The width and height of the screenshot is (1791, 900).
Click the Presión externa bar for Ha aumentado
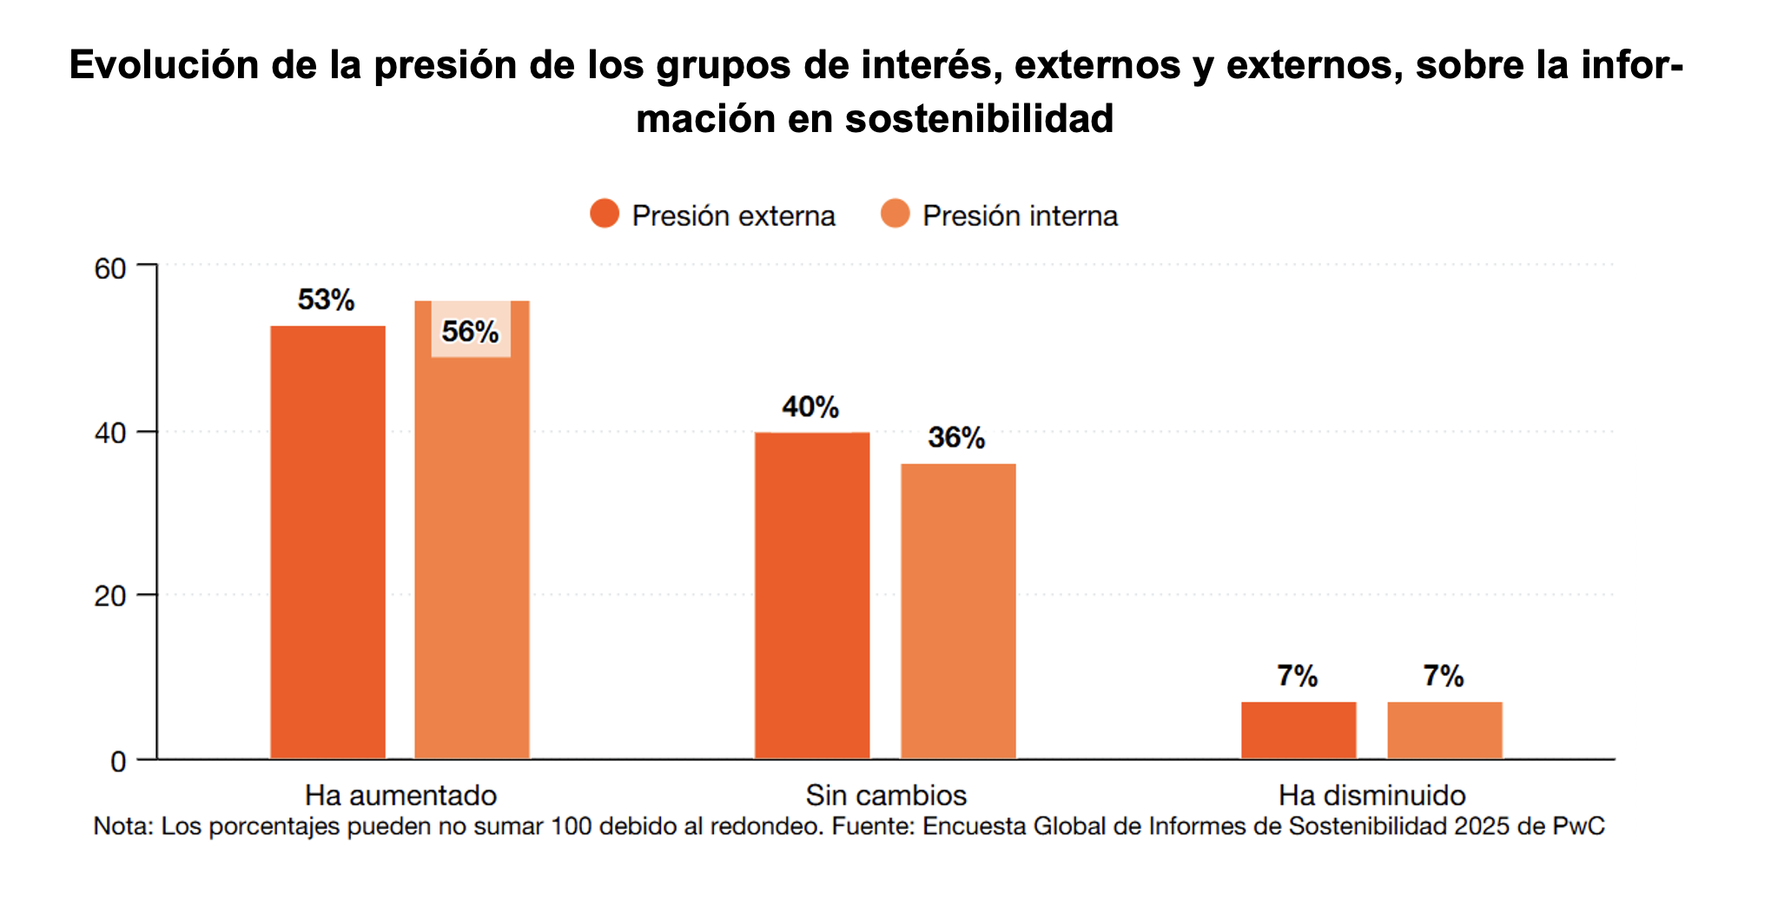[x=327, y=542]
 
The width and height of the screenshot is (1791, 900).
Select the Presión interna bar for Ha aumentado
[x=472, y=556]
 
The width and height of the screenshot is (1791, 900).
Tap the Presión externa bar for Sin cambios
[x=812, y=595]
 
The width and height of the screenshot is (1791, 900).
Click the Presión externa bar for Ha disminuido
[x=1299, y=730]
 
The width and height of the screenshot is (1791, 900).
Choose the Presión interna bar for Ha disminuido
[x=1444, y=730]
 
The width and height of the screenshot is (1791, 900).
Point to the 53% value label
[x=326, y=300]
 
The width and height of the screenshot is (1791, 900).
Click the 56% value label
[x=470, y=331]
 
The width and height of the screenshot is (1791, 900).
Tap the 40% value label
[x=810, y=407]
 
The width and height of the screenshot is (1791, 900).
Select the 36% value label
[x=956, y=437]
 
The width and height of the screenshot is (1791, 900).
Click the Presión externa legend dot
[x=605, y=214]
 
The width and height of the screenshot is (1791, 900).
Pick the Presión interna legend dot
[x=895, y=214]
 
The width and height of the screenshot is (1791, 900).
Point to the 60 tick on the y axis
[x=110, y=268]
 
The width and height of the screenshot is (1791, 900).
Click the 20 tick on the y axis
[x=110, y=597]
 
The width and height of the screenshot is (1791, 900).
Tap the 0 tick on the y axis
[x=118, y=762]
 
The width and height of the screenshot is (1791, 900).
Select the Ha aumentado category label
[x=400, y=795]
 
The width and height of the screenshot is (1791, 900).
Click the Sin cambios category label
[x=886, y=795]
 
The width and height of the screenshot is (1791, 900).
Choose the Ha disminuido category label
[x=1372, y=795]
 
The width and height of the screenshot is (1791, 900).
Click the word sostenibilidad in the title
[x=979, y=119]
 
